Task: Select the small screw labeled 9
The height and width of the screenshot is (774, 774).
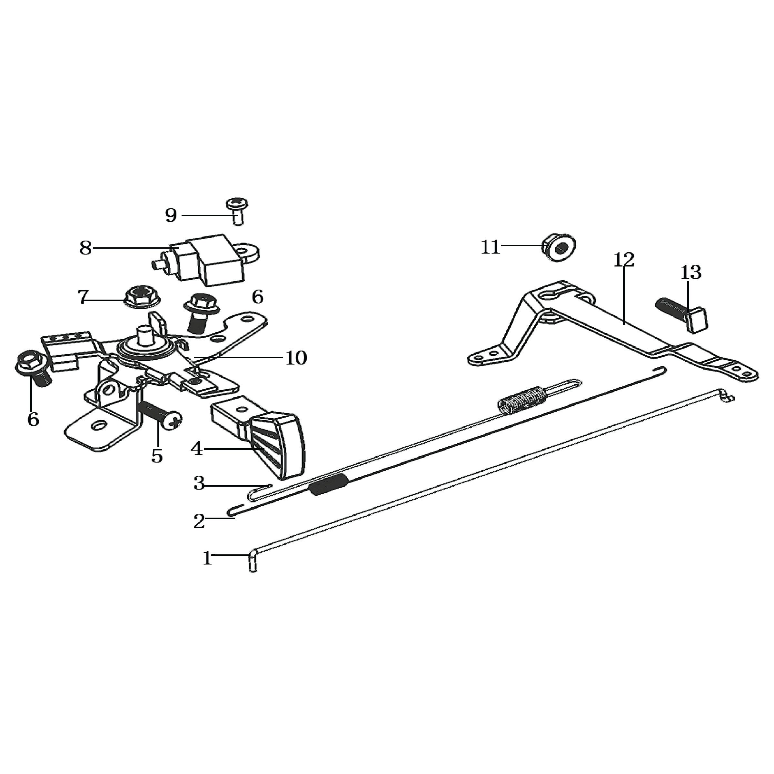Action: click(x=237, y=211)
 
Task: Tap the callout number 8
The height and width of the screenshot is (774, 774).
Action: click(x=86, y=248)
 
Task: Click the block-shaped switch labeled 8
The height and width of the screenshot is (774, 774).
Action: click(x=206, y=260)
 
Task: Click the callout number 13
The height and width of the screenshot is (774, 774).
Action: click(x=691, y=273)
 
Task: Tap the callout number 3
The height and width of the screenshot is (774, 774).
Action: click(x=199, y=483)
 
